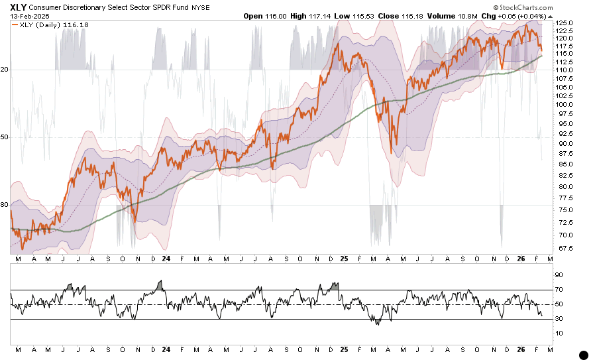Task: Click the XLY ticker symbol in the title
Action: click(x=18, y=6)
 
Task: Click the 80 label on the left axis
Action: click(x=5, y=205)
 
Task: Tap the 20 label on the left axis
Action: click(x=5, y=70)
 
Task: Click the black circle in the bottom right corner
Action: click(x=584, y=355)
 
